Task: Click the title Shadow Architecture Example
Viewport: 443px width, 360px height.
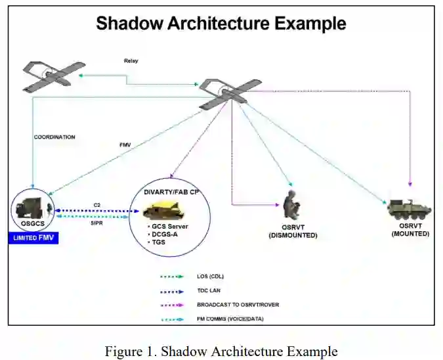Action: coord(221,24)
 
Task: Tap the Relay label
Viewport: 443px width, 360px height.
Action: coord(131,61)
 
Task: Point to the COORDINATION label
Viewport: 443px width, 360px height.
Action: coord(54,137)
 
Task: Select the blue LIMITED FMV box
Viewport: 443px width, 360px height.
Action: coord(33,238)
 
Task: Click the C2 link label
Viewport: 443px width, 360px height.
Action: coord(97,204)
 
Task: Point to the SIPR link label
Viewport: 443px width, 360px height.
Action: coord(97,223)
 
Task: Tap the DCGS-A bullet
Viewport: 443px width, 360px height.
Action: coord(167,234)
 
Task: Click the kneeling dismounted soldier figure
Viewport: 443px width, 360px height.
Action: coord(291,205)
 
